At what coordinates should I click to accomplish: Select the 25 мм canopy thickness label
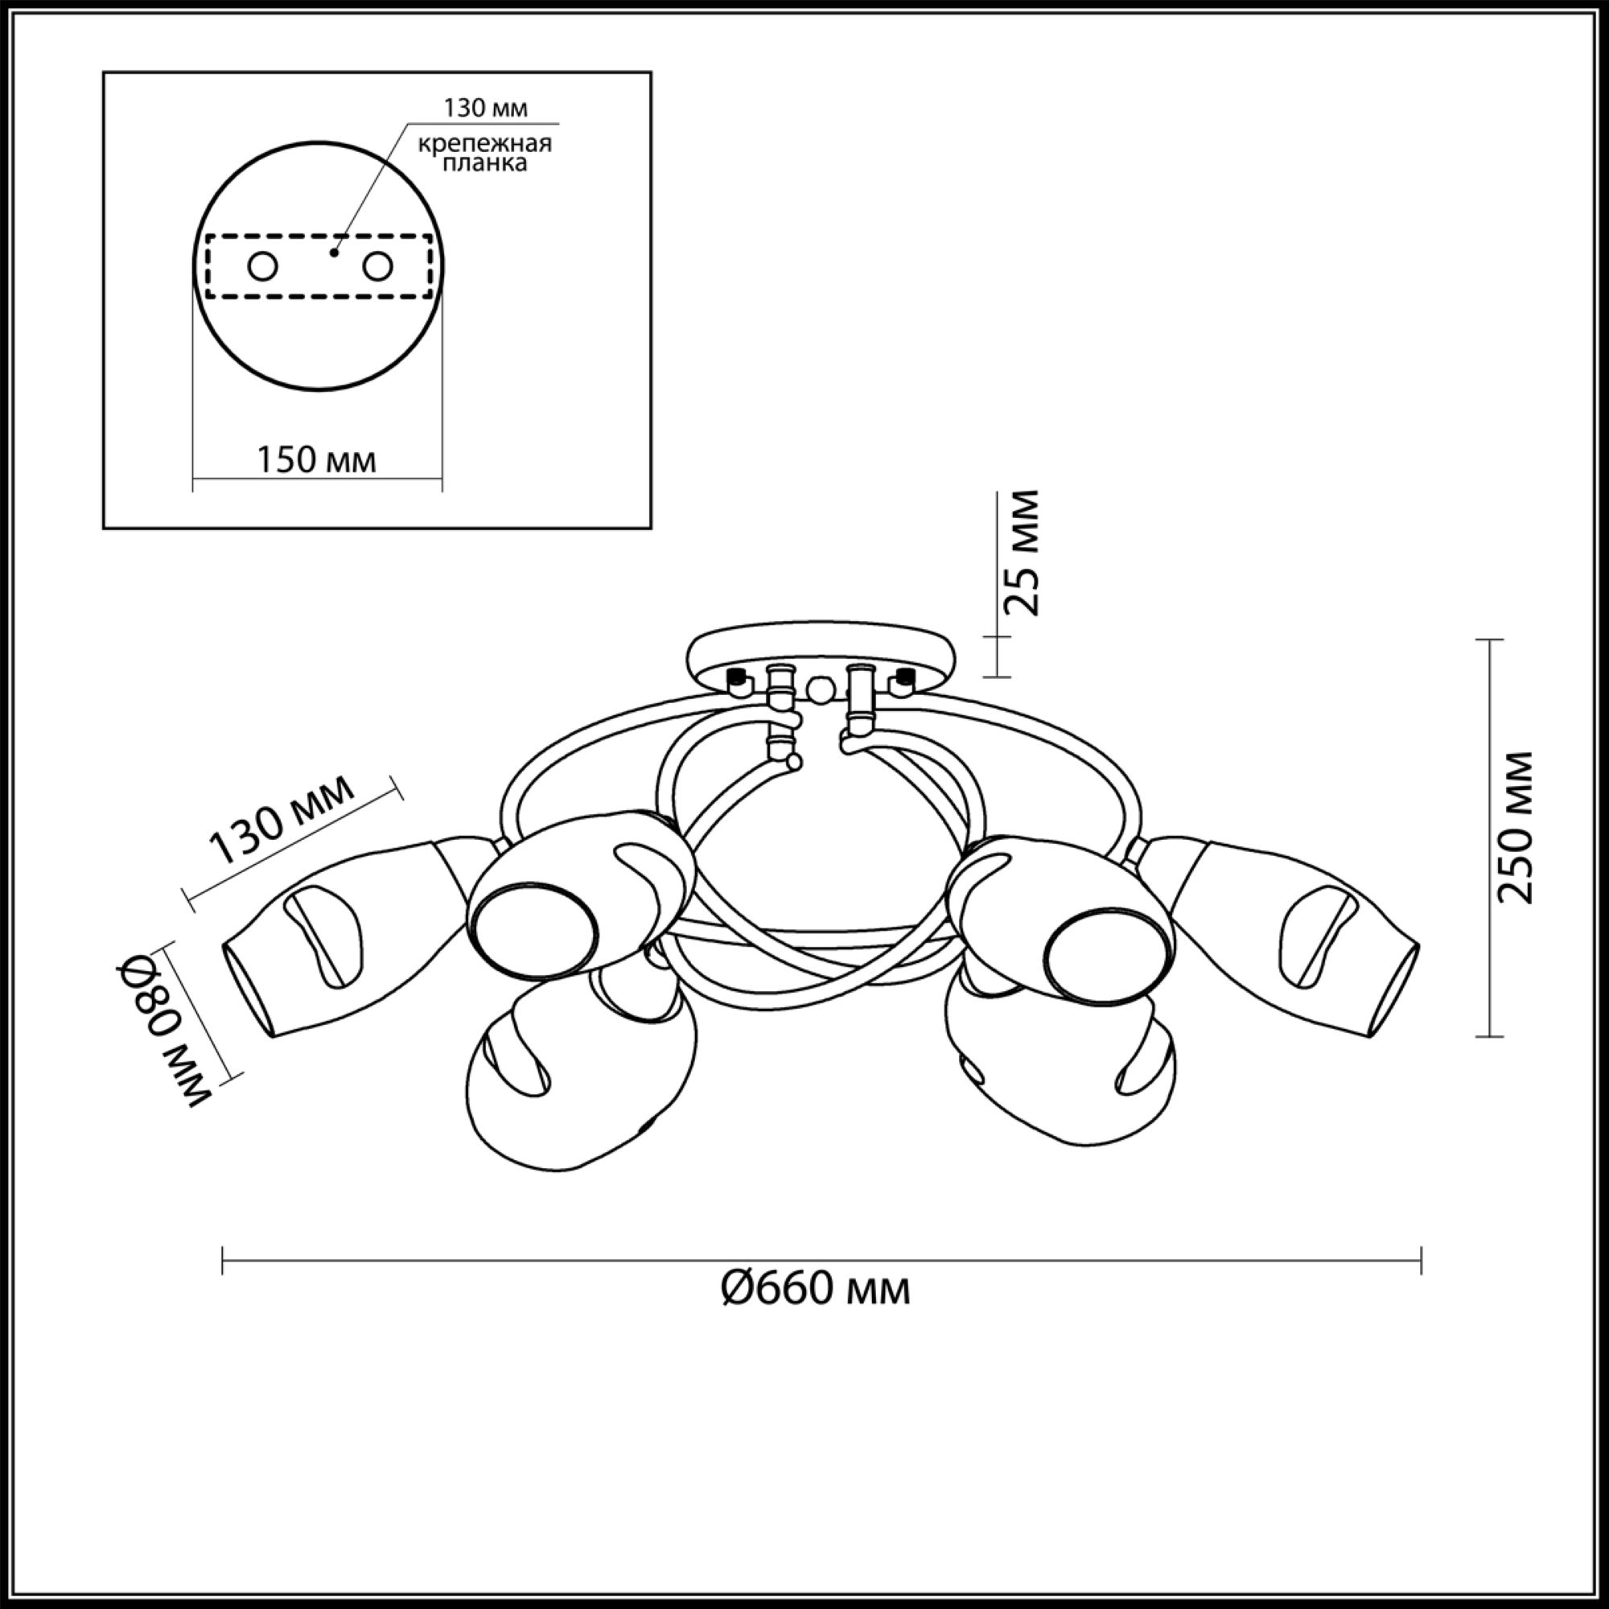click(x=1022, y=553)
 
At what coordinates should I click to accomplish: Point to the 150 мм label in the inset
click(x=315, y=459)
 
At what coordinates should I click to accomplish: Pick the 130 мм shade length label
click(x=282, y=819)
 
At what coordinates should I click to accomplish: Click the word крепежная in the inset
click(x=484, y=143)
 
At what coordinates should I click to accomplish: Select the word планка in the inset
click(x=484, y=163)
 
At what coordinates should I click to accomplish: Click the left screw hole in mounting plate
click(x=262, y=267)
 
